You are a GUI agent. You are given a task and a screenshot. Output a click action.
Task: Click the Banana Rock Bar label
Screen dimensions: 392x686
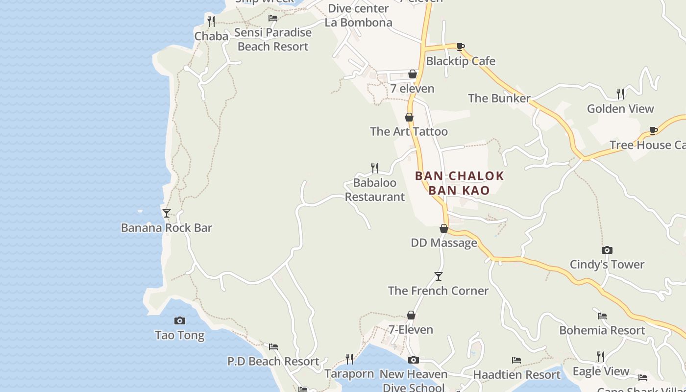(167, 228)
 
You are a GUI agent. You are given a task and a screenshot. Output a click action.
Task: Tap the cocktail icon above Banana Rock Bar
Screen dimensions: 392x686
(167, 213)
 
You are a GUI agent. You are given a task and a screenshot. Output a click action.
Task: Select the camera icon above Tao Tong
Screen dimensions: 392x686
(180, 320)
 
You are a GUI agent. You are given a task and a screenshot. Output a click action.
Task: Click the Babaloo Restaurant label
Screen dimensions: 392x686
(375, 190)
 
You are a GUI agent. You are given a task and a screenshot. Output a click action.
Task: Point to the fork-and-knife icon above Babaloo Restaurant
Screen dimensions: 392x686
(375, 168)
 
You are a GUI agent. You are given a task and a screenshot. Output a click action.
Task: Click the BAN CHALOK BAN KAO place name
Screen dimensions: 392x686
(460, 183)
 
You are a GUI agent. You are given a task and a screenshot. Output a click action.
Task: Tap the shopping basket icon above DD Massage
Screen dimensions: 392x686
(444, 228)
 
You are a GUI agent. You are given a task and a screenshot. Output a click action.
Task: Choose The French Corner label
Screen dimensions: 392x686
(438, 291)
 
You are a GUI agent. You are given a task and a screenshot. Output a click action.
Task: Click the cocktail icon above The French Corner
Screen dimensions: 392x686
(439, 276)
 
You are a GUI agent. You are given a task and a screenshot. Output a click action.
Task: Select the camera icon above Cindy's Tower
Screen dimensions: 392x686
(607, 250)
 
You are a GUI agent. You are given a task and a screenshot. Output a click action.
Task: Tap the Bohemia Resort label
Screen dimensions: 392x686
(602, 330)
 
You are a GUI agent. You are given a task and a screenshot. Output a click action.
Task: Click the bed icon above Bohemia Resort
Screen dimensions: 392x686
(602, 316)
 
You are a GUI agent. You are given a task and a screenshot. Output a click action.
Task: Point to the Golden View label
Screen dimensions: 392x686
(620, 109)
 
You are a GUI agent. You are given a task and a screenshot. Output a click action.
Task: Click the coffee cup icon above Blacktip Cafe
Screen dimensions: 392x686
(461, 47)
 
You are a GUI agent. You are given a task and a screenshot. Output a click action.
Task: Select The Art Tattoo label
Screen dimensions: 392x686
(409, 131)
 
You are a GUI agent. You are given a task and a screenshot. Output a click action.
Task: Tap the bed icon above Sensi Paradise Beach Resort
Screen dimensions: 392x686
(273, 18)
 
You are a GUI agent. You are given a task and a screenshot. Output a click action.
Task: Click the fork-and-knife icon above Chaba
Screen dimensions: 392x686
(211, 21)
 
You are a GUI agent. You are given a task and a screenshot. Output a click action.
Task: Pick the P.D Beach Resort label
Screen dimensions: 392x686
(273, 362)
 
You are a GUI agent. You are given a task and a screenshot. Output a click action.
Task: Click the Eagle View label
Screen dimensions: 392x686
(601, 371)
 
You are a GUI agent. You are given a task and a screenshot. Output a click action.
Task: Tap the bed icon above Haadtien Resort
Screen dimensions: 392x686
(516, 360)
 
